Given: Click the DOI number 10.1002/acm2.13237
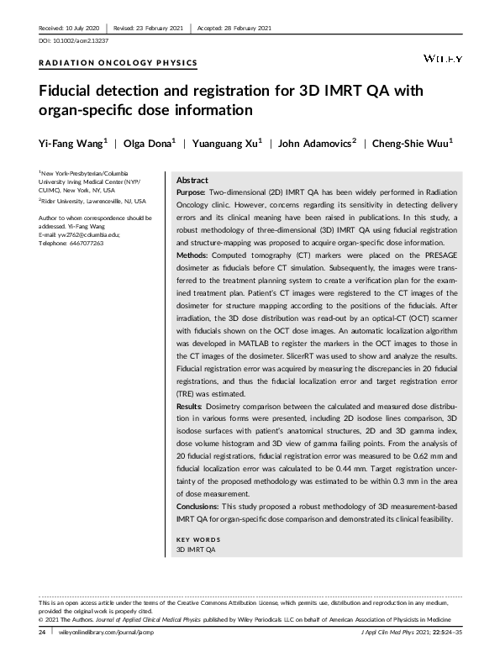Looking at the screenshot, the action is pyautogui.click(x=76, y=40).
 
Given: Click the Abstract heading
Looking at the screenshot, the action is pyautogui.click(x=192, y=181).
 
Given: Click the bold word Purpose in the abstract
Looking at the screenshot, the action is pyautogui.click(x=192, y=192).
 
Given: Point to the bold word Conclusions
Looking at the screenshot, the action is pyautogui.click(x=198, y=507).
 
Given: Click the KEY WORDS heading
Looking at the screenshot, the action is pyautogui.click(x=197, y=538).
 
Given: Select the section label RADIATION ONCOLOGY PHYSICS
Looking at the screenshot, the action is pyautogui.click(x=118, y=63).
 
